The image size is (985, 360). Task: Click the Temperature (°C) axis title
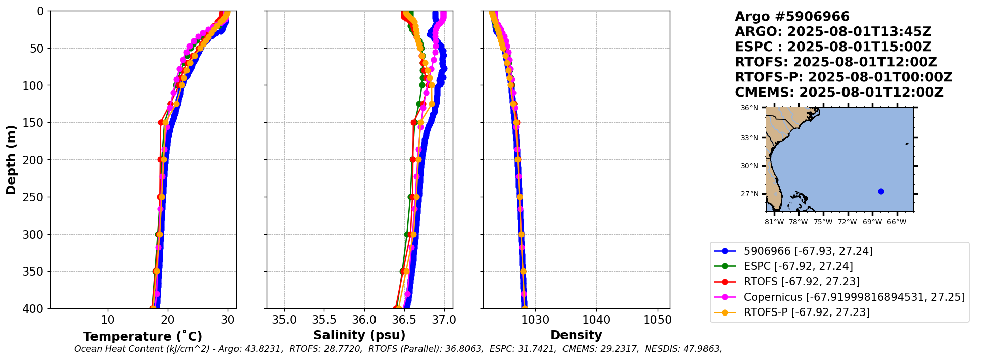143,337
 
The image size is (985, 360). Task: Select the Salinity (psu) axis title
359,335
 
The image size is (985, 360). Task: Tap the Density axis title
576,335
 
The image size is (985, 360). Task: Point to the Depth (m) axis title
11,160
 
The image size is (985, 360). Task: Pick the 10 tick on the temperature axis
107,320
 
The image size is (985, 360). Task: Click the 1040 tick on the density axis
596,320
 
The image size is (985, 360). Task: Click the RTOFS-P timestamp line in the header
843,77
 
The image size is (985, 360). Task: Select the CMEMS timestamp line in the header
839,93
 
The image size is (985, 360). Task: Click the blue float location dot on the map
881,191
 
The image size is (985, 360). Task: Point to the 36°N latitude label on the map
749,108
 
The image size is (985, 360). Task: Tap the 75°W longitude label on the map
823,222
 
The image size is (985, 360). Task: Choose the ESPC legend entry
798,266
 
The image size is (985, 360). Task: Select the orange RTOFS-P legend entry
807,312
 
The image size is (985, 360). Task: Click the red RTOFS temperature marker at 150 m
161,122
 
